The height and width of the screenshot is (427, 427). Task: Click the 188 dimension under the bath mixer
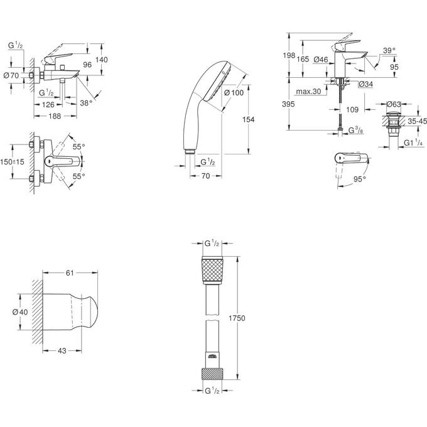pyautogui.click(x=55, y=116)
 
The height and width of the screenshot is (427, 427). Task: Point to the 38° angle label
pyautogui.click(x=87, y=103)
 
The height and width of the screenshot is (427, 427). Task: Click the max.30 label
pyautogui.click(x=310, y=93)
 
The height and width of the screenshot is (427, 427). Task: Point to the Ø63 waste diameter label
pyautogui.click(x=393, y=103)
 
